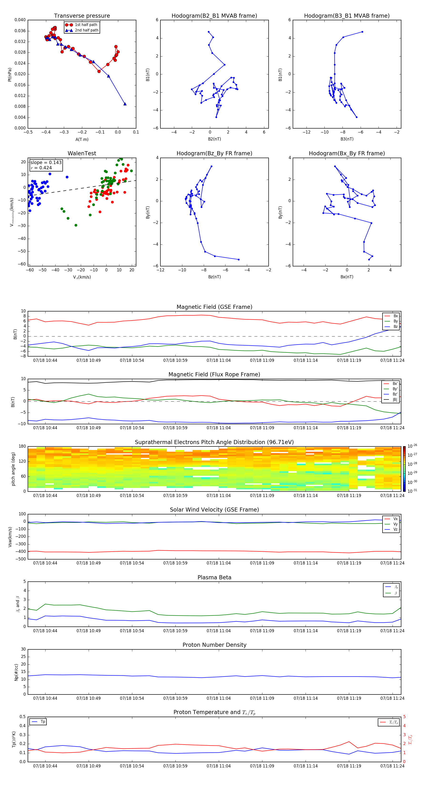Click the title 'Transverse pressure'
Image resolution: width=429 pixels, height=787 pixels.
click(82, 16)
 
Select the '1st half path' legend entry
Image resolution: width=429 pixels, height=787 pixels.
click(86, 25)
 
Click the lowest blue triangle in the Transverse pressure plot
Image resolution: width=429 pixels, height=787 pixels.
click(125, 104)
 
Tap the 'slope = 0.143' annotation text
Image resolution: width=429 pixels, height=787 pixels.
click(46, 163)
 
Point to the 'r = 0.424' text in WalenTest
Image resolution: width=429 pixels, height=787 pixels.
click(41, 168)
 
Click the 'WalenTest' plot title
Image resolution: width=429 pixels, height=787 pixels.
click(82, 153)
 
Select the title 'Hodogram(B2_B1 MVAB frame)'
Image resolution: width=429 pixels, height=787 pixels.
click(214, 16)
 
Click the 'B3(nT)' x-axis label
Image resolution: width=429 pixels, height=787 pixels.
click(347, 139)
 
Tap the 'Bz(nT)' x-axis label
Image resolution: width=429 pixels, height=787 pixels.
click(214, 277)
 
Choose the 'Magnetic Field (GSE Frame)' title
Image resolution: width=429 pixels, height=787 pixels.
click(214, 307)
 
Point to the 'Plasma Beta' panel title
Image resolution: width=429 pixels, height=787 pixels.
click(214, 577)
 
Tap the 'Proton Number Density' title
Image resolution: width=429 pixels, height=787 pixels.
click(214, 645)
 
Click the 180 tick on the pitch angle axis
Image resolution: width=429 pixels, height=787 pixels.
click(22, 446)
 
